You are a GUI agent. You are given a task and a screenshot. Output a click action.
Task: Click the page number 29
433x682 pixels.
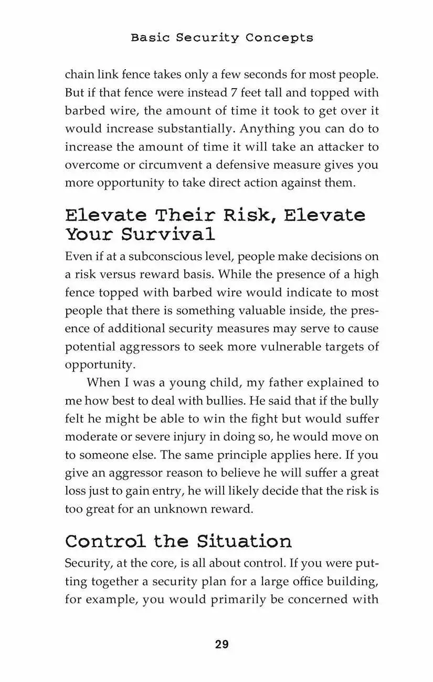pyautogui.click(x=221, y=644)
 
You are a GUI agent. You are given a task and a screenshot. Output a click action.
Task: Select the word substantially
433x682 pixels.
pyautogui.click(x=199, y=129)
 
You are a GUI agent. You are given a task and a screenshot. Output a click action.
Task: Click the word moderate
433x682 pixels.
pyautogui.click(x=91, y=438)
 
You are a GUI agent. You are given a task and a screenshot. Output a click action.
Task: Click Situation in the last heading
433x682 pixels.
pyautogui.click(x=245, y=541)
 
